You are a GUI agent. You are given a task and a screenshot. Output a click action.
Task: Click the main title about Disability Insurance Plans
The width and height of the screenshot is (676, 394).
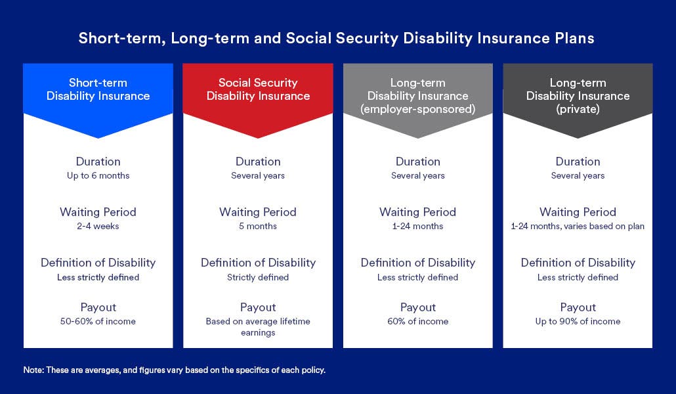pos(336,38)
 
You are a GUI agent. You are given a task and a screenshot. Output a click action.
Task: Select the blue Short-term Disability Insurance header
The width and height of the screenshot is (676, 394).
pos(98,89)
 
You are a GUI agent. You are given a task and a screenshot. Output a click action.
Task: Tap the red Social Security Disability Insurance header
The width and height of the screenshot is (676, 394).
pos(258,89)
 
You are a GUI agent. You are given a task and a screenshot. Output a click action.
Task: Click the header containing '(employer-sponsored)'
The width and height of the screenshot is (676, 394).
pos(417,96)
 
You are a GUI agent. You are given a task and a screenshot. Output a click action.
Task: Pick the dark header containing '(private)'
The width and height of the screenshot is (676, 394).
pos(578,96)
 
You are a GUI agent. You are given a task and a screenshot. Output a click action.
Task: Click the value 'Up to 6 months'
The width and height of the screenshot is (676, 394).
pos(98,176)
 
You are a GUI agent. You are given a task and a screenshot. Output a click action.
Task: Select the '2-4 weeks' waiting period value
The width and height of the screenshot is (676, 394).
pos(98,227)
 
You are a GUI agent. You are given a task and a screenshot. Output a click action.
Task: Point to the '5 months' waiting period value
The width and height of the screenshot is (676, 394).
pos(258,227)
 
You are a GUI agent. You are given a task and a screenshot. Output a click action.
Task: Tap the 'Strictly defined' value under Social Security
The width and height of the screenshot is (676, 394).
pos(258,277)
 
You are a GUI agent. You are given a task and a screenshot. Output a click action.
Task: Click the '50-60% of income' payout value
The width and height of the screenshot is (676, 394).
pos(98,322)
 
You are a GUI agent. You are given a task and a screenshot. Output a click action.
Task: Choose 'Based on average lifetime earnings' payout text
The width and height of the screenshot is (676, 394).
pos(258,327)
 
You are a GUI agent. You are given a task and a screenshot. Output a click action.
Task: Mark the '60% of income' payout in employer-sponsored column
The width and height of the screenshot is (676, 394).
pos(417,322)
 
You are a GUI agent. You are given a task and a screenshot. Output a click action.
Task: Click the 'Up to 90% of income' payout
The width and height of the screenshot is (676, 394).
pos(578,322)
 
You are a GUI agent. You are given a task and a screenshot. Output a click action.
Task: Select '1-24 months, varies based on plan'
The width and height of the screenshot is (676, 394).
pos(578,227)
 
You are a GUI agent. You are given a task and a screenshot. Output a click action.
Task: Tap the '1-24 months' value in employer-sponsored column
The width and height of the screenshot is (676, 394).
pos(417,227)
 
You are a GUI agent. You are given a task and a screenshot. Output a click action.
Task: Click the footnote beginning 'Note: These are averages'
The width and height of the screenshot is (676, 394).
pos(175,370)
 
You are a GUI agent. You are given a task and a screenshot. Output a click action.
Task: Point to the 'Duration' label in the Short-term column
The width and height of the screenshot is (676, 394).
pos(98,162)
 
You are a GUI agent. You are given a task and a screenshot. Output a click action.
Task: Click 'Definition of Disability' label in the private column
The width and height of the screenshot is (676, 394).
pos(578,263)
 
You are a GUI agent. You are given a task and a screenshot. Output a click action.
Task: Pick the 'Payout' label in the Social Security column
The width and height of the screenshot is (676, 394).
pos(258,307)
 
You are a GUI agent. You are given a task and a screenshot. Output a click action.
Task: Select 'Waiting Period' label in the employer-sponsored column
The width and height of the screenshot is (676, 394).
pos(417,212)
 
